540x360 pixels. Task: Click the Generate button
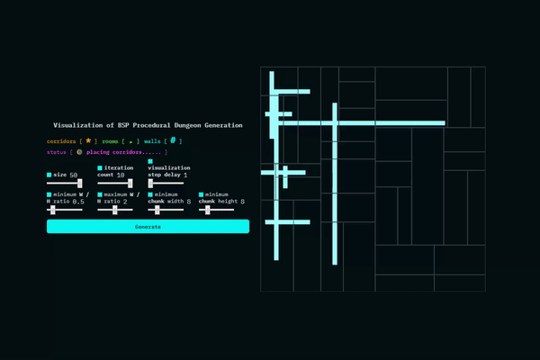(x=148, y=227)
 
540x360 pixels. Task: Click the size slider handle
(x=81, y=183)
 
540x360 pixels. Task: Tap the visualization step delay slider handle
(x=151, y=183)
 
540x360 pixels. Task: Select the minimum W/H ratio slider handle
(x=53, y=210)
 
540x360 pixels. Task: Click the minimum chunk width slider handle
(x=157, y=210)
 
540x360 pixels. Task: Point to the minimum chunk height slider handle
(x=208, y=210)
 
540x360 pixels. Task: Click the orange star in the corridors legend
(x=88, y=141)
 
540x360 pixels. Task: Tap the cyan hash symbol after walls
(x=172, y=141)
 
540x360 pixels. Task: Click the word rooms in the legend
(x=110, y=141)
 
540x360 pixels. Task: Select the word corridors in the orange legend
(x=60, y=141)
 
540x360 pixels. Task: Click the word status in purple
(x=56, y=152)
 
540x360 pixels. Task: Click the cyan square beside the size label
(x=49, y=175)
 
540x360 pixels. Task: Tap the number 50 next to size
(x=74, y=175)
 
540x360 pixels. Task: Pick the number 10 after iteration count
(x=121, y=175)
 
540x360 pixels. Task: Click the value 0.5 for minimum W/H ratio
(x=78, y=202)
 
